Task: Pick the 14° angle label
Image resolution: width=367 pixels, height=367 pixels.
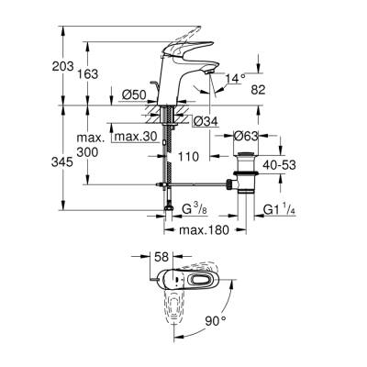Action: pos(237,80)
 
